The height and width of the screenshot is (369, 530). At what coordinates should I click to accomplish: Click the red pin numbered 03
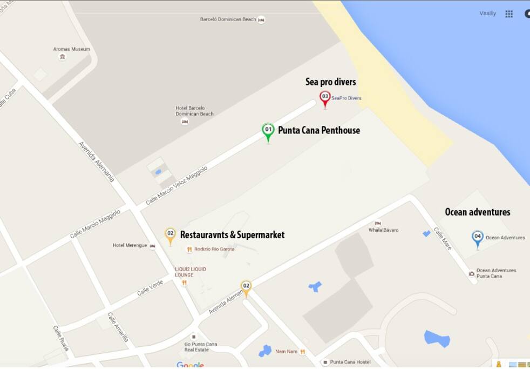(x=325, y=97)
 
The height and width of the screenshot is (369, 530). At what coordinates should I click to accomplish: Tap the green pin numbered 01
(x=268, y=130)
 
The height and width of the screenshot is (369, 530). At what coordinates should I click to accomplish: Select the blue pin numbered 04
(x=477, y=237)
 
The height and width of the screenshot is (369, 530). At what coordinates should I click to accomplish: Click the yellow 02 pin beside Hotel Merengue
(x=170, y=234)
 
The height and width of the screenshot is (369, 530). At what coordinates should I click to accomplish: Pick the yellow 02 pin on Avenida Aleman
(x=246, y=286)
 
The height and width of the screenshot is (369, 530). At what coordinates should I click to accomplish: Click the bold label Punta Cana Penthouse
(x=318, y=130)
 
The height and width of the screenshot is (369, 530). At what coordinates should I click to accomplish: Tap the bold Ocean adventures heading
(x=477, y=212)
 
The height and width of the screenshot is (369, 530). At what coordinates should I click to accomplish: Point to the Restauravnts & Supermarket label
(x=232, y=235)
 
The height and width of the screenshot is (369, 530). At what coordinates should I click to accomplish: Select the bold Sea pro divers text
(x=330, y=82)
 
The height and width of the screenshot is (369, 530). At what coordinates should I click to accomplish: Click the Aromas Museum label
(x=71, y=49)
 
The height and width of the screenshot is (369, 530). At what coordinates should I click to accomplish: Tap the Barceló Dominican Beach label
(x=228, y=19)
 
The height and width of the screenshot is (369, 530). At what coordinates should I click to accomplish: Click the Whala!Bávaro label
(x=383, y=230)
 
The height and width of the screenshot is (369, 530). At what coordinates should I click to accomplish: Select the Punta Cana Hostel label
(x=350, y=362)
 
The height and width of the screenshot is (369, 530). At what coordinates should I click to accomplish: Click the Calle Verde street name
(x=150, y=287)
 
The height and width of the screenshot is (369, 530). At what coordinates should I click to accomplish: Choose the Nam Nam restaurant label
(x=286, y=352)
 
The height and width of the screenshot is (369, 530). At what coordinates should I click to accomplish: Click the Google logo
(x=190, y=365)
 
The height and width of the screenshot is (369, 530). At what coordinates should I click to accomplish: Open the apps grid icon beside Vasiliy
(x=509, y=14)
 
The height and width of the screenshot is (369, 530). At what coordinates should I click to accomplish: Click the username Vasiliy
(x=487, y=14)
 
